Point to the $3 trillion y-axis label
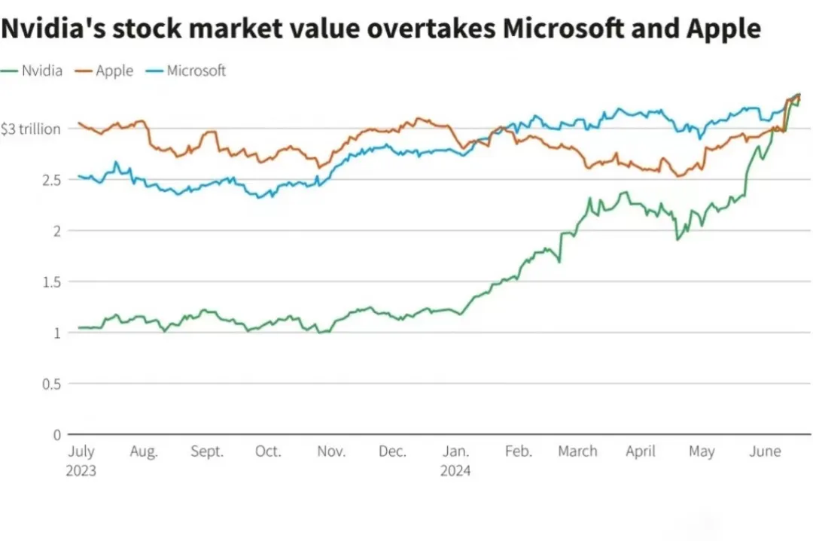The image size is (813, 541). (31, 129)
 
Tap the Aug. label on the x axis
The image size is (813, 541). (144, 451)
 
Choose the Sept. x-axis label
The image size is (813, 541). (207, 451)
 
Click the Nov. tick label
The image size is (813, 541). (331, 451)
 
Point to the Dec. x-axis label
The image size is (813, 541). (392, 451)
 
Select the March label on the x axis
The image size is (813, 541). (577, 451)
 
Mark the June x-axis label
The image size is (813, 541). (765, 451)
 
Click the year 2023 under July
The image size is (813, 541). (82, 471)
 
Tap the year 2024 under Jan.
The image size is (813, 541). (456, 471)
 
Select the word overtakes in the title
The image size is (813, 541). (435, 29)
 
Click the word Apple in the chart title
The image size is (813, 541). (724, 29)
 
